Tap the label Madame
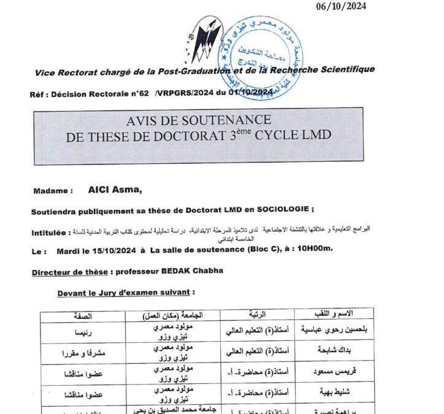click(53, 191)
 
